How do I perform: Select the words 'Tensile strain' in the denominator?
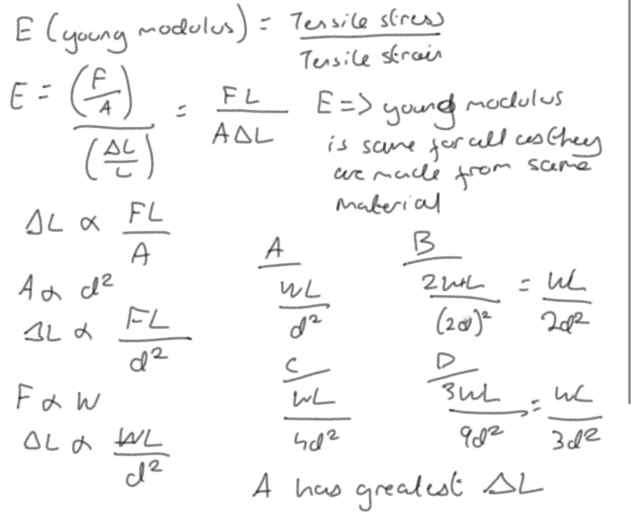[370, 59]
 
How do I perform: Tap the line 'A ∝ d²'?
[66, 286]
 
